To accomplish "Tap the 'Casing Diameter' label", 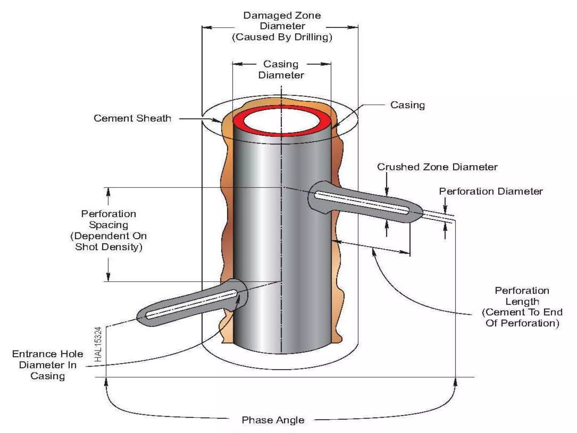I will coord(281,70).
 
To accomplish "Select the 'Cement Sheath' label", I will coord(132,118).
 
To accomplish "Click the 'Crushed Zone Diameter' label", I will coord(437,167).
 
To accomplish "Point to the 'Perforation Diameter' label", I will coord(491,191).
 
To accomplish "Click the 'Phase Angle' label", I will coord(273,420).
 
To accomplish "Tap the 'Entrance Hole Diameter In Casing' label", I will coord(48,365).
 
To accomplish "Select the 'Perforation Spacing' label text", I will coord(108,219).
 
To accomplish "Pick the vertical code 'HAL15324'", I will coord(98,344).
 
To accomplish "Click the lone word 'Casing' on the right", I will coord(407,105).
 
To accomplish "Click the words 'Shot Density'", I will coord(108,247).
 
